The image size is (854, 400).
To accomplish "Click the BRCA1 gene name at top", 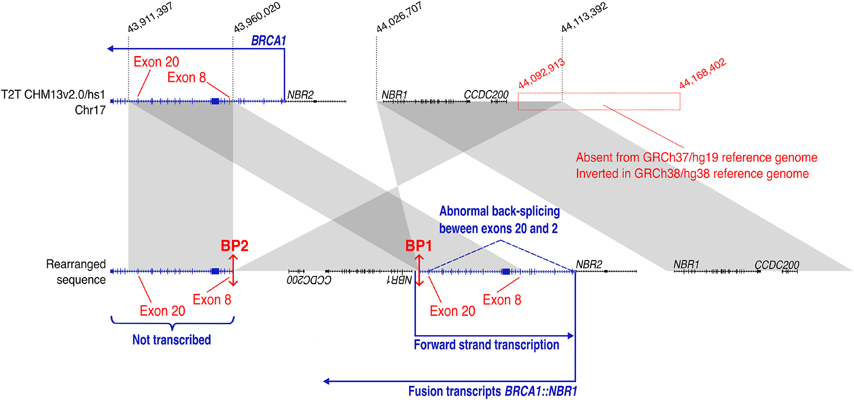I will [x=269, y=41].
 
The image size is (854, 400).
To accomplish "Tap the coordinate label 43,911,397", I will [x=150, y=17].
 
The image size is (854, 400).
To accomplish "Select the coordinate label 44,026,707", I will [x=400, y=17].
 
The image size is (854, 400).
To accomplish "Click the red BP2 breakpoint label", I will [x=235, y=246].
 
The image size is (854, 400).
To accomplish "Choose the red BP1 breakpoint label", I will [x=419, y=246].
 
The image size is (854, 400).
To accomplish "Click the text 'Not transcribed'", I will [x=172, y=340].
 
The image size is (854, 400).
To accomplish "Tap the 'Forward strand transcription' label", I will [x=486, y=345].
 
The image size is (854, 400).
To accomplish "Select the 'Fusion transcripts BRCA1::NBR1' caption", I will [x=492, y=391].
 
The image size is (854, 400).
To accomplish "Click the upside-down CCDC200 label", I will [x=309, y=280].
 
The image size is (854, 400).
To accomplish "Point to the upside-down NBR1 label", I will [x=400, y=280].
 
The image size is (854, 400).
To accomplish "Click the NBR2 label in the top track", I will [x=300, y=95].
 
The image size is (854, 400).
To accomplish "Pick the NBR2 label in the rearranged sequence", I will [x=589, y=264].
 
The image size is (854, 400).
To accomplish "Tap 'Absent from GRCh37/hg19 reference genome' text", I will [x=697, y=158].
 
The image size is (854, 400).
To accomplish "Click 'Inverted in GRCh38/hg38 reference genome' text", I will [x=692, y=174].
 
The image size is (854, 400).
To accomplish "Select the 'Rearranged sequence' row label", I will [x=76, y=272].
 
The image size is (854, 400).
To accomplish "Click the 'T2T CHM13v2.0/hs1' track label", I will [x=53, y=95].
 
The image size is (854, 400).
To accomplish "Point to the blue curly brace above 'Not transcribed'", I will [x=172, y=323].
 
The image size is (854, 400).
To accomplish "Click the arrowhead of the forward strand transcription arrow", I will [x=571, y=335].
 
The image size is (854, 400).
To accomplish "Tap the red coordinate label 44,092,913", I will [x=542, y=74].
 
